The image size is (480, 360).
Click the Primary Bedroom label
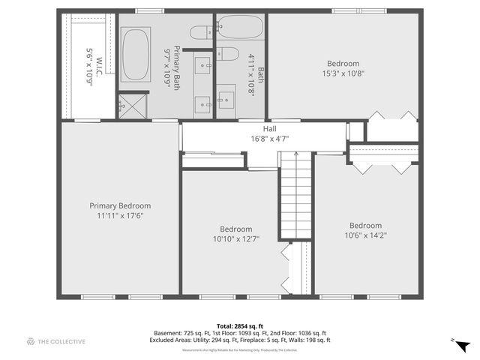pos(120,205)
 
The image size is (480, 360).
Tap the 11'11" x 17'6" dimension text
pos(120,215)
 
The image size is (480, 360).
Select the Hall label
pos(269,129)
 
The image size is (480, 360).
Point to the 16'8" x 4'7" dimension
pos(269,138)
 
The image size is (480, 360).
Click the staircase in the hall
pos(296,195)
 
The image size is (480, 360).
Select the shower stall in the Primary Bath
pos(131,105)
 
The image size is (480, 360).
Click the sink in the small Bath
pos(226,97)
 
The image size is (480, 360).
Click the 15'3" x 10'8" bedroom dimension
pos(343,73)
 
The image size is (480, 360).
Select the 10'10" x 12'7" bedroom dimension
pos(235,239)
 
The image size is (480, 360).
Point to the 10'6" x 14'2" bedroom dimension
pos(365,235)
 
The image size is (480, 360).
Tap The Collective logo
pos(56,341)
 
